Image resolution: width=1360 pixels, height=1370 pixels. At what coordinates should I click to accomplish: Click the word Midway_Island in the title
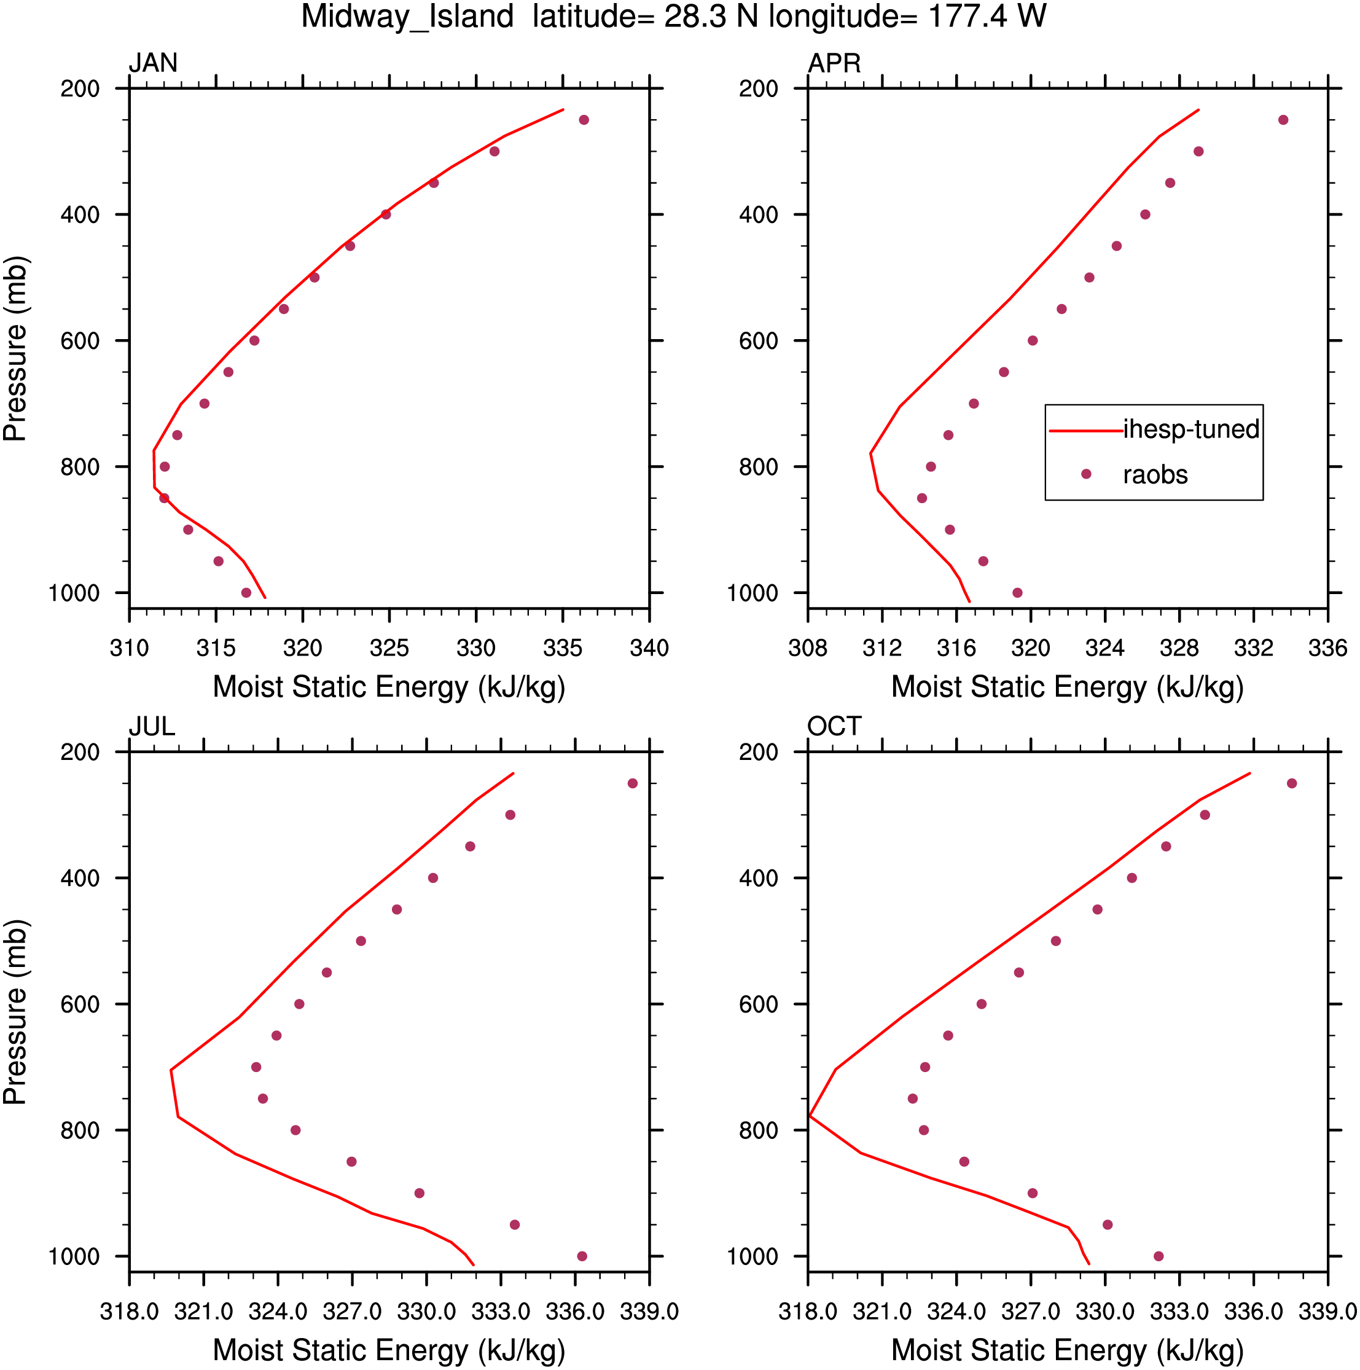(408, 17)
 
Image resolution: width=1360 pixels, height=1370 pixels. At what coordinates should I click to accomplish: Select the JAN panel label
(153, 63)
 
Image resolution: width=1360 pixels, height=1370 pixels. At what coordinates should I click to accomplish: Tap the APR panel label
(835, 63)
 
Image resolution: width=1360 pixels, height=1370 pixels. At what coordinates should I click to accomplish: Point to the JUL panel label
(152, 727)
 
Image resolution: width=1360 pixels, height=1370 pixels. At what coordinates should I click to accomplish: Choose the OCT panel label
(835, 727)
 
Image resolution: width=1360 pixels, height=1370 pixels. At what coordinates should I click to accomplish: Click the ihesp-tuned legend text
(1191, 429)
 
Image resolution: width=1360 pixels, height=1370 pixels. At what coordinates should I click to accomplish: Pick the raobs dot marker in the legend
(1086, 474)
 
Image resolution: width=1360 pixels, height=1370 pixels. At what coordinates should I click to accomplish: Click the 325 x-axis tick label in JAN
(389, 648)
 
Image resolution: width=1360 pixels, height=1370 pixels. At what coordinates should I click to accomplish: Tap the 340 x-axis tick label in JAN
(649, 648)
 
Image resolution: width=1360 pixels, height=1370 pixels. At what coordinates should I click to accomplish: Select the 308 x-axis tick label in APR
(808, 648)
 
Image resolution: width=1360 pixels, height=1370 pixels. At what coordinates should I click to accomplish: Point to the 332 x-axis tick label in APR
(1254, 648)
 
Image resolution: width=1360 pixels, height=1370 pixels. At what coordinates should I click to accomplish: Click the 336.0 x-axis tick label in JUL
(575, 1312)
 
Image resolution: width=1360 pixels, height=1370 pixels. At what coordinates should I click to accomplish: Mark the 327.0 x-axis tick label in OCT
(1030, 1312)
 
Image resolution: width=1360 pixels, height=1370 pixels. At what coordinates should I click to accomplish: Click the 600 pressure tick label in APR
(759, 341)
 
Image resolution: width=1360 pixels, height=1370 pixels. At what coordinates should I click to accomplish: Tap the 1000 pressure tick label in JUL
(74, 1256)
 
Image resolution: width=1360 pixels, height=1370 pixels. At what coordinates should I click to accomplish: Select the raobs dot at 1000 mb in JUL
(582, 1256)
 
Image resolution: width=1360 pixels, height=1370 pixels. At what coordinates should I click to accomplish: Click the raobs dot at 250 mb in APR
(1283, 120)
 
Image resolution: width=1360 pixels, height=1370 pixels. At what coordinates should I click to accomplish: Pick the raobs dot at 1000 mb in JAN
(246, 593)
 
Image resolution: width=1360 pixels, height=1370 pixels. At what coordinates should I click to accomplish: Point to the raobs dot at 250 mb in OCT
(1292, 783)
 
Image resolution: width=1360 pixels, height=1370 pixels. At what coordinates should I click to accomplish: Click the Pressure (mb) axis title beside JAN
(15, 349)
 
